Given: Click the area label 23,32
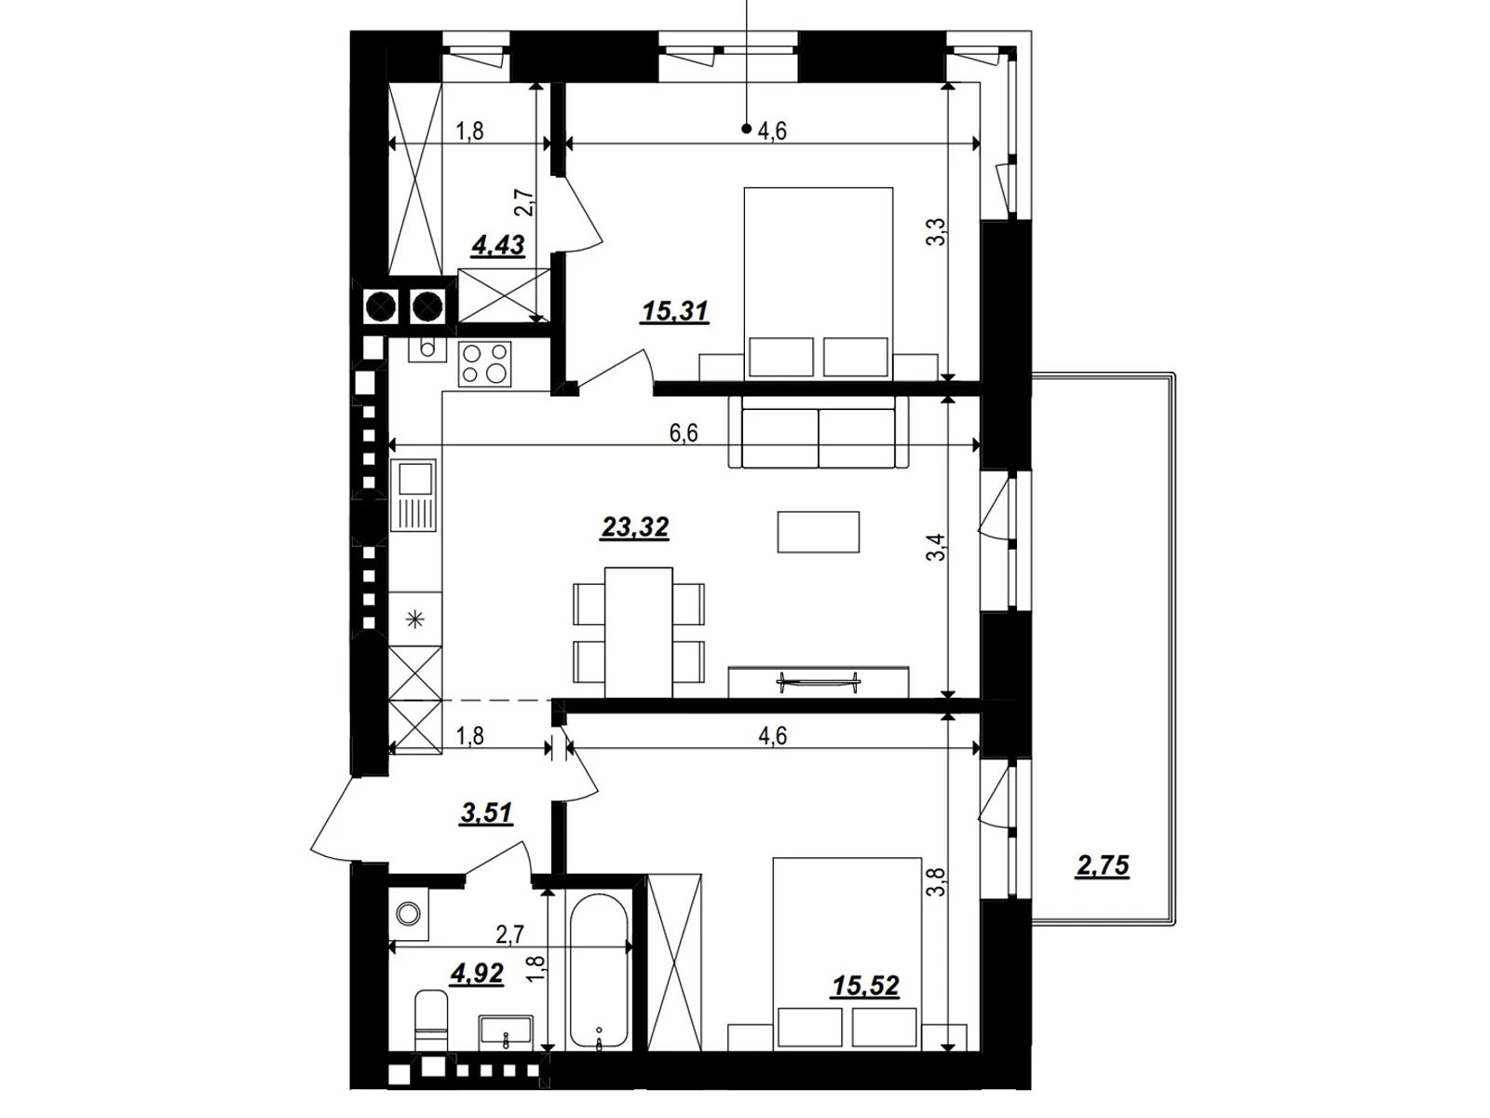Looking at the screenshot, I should (635, 528).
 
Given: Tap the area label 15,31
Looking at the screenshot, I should (675, 311).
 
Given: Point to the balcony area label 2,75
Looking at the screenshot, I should (1103, 866).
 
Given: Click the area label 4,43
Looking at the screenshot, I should (498, 245).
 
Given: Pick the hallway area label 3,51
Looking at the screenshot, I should (486, 813).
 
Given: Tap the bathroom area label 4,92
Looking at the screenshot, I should (477, 975).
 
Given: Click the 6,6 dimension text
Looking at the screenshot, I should (683, 433).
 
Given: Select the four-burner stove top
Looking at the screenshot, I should (485, 363).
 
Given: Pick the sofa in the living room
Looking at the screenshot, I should (818, 434).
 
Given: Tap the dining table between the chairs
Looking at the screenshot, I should (638, 632).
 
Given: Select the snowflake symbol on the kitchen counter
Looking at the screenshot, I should (415, 619).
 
